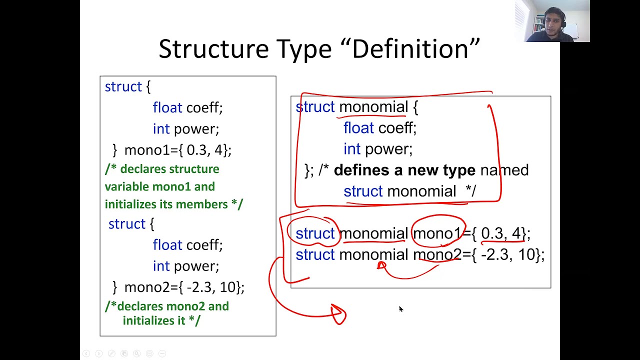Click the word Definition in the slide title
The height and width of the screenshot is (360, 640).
416,49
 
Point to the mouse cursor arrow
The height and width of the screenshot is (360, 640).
400,309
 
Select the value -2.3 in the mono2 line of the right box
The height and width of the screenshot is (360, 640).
495,255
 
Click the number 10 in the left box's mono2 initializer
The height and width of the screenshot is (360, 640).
228,287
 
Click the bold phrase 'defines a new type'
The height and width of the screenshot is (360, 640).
404,170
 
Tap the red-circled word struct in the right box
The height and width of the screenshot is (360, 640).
315,233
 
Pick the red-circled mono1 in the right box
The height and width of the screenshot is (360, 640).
436,233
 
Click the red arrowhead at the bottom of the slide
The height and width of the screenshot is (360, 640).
338,314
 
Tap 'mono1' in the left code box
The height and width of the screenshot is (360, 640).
143,150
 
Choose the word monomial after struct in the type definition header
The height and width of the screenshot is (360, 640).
373,107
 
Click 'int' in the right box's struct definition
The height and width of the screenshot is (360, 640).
351,149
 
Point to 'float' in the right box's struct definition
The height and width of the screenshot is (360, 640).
358,128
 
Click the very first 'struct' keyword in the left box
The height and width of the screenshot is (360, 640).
123,87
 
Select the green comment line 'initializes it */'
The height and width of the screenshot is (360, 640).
161,320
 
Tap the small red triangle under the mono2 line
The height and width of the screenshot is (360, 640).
381,265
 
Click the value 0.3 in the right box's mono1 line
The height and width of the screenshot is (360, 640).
492,233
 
